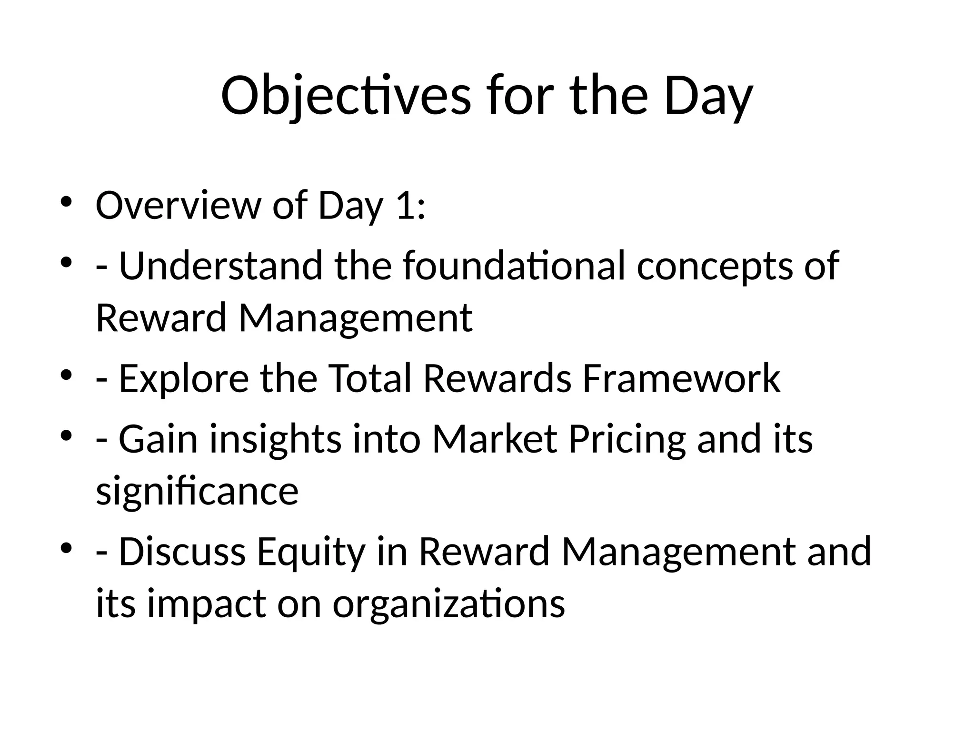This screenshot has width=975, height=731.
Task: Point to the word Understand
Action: click(x=220, y=266)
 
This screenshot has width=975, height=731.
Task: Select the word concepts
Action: click(x=715, y=266)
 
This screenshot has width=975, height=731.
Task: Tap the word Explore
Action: click(x=183, y=378)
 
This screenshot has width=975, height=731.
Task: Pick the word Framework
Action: click(x=681, y=378)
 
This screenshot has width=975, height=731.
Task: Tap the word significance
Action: click(x=197, y=491)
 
